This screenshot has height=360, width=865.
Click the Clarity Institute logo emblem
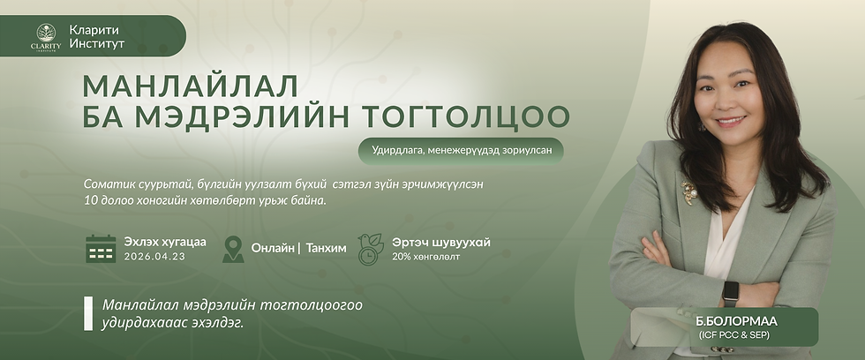click(x=46, y=37)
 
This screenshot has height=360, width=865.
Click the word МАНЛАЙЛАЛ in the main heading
click(x=191, y=86)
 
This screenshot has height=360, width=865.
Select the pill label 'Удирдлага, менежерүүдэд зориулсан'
click(x=461, y=151)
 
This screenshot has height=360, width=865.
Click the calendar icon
click(x=101, y=249)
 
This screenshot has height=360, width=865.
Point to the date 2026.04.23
click(x=154, y=257)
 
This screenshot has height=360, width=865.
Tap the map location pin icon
click(x=233, y=249)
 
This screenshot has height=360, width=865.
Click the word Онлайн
click(x=273, y=248)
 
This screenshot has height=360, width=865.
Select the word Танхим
click(x=326, y=248)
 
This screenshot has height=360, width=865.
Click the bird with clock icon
click(x=370, y=249)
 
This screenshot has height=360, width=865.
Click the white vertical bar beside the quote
click(x=88, y=313)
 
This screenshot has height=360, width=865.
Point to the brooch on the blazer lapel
click(x=688, y=191)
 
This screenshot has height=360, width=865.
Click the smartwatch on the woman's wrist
click(x=731, y=292)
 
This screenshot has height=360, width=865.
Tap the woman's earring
click(x=703, y=126)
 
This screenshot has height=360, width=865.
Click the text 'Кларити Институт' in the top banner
click(x=96, y=36)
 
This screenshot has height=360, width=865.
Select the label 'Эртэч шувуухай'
click(x=441, y=242)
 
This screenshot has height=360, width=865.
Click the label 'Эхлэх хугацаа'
click(x=165, y=242)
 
